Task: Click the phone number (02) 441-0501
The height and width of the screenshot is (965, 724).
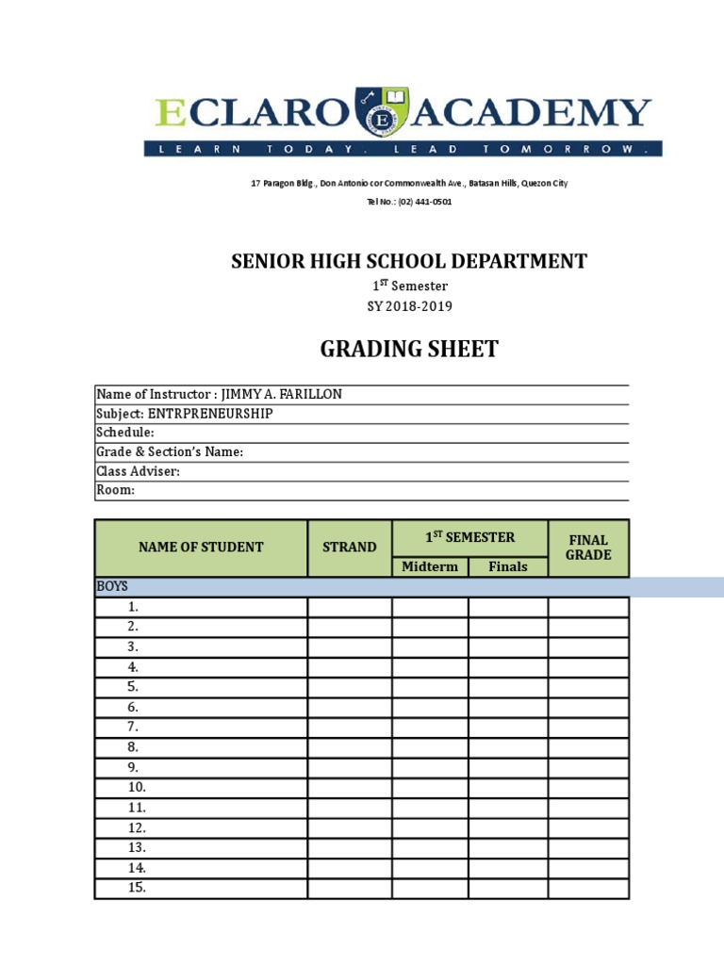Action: click(x=418, y=202)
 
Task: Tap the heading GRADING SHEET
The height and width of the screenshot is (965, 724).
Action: click(x=409, y=350)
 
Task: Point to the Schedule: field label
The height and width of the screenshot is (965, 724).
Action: click(x=125, y=433)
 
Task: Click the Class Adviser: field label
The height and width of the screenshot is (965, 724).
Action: click(x=138, y=471)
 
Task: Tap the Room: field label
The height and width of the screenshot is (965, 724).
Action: click(x=116, y=490)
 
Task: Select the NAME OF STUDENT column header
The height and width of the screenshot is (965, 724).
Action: click(x=201, y=548)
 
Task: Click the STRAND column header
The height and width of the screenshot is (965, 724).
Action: click(x=350, y=548)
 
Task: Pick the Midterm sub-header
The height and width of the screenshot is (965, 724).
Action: click(x=430, y=566)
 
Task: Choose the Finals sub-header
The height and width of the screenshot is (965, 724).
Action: click(x=508, y=566)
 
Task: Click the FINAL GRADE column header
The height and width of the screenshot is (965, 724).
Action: click(x=588, y=548)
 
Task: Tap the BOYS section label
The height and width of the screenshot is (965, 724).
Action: click(x=112, y=586)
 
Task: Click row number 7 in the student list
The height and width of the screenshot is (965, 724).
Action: click(x=133, y=727)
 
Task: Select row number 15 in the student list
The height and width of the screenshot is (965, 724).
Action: click(x=137, y=888)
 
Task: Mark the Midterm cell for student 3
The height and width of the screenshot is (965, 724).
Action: click(x=430, y=646)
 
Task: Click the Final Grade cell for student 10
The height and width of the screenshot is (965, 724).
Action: click(x=588, y=787)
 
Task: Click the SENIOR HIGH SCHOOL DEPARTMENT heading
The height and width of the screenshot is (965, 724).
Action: click(x=409, y=262)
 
